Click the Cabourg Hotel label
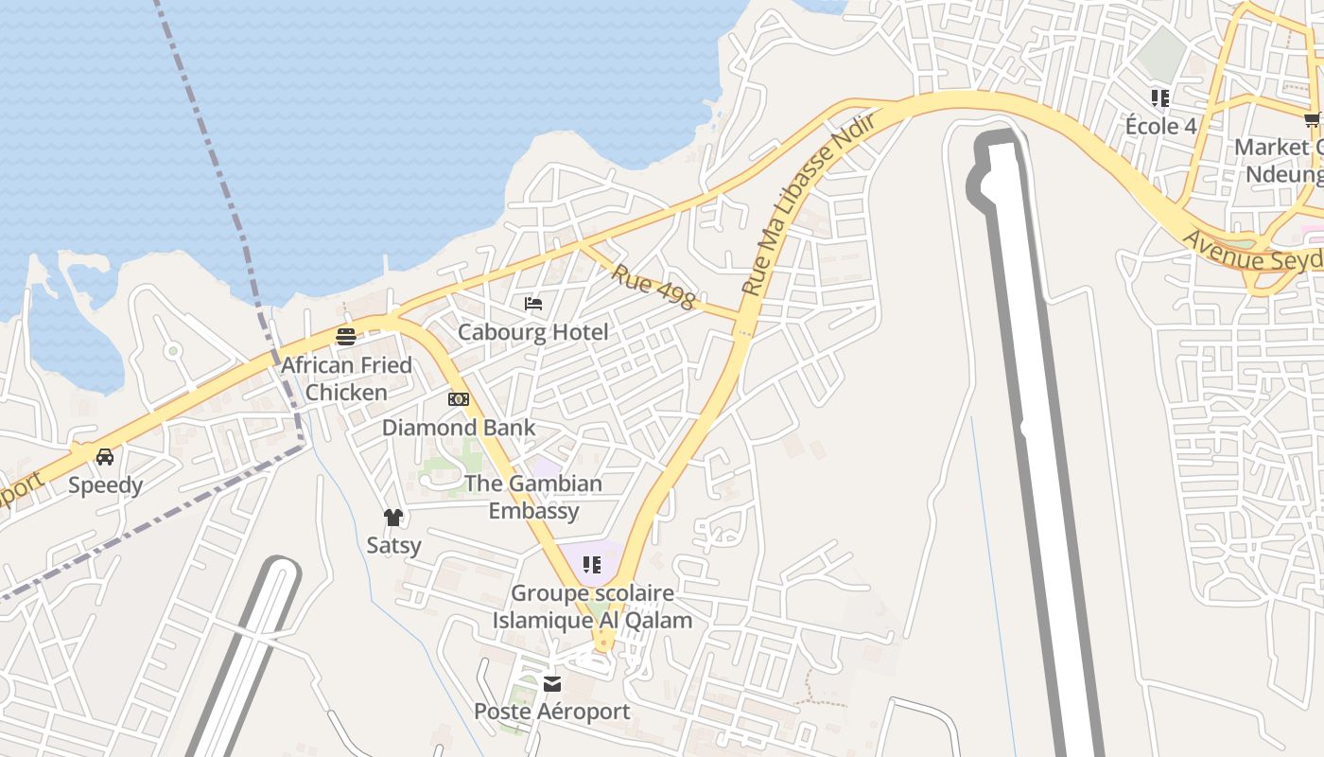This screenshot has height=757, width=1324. [533, 332]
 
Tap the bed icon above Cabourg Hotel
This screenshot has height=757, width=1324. [533, 304]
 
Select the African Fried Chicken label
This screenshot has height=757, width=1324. [346, 378]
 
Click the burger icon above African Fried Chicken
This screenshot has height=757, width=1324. [346, 337]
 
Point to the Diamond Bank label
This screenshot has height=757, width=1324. [459, 428]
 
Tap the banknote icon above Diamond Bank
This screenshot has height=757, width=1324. [459, 399]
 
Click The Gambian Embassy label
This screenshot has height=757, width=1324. [533, 497]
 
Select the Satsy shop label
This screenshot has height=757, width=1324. [393, 545]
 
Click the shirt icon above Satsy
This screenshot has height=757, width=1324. [393, 517]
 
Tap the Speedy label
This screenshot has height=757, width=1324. [105, 485]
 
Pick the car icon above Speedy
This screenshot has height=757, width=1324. [105, 457]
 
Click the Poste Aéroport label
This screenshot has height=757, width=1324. [552, 712]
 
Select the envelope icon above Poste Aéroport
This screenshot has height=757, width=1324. [552, 683]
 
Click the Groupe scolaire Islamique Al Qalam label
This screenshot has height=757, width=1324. [592, 607]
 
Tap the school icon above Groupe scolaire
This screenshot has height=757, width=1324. [592, 566]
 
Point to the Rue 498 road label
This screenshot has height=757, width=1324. [653, 287]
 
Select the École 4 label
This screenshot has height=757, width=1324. [1160, 126]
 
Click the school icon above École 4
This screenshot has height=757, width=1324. [1160, 97]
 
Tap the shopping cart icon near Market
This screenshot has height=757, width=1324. [1313, 119]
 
